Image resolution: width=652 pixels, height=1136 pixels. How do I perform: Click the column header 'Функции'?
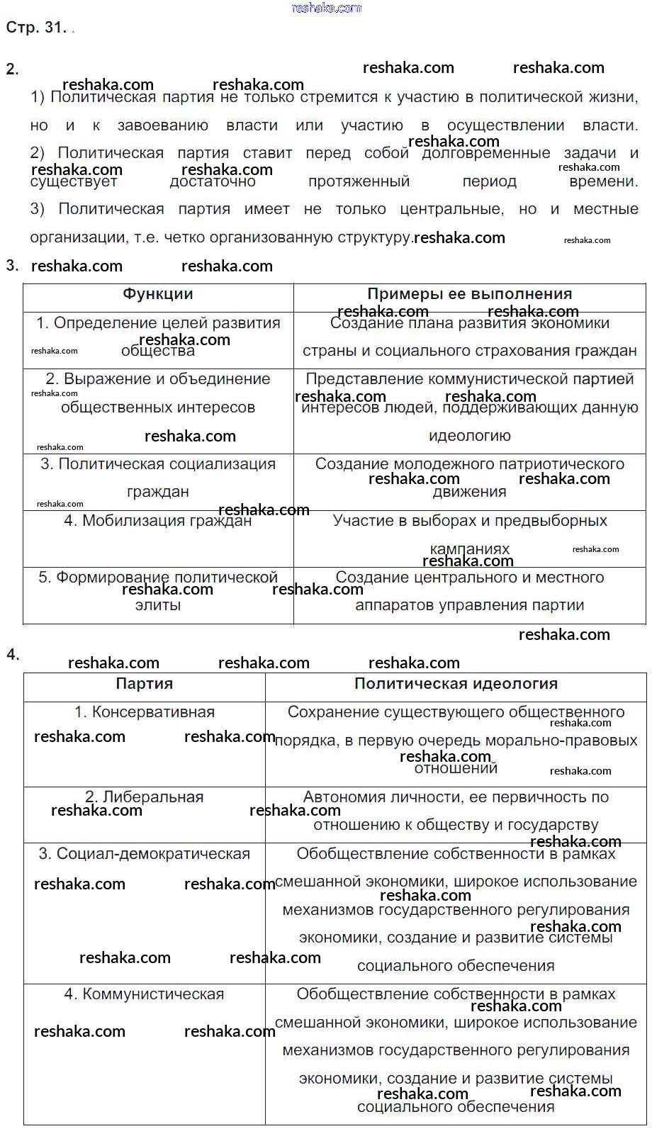click(157, 294)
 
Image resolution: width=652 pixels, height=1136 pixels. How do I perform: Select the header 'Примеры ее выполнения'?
click(469, 294)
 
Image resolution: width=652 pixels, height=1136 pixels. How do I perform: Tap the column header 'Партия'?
click(144, 683)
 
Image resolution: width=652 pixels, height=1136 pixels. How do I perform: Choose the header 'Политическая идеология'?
click(456, 683)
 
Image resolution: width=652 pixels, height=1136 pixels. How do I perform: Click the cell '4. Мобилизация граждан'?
click(157, 521)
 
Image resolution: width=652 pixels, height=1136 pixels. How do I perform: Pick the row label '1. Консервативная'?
click(144, 712)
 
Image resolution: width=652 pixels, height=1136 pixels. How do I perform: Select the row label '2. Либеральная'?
click(144, 797)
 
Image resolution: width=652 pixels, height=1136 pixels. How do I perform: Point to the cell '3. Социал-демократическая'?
click(144, 854)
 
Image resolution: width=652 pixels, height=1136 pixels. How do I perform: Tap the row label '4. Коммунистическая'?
click(144, 994)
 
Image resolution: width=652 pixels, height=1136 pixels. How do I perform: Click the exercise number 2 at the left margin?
click(12, 69)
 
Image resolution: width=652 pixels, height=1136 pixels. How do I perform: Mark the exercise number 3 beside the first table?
click(12, 266)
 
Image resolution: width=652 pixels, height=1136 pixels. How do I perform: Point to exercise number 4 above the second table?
click(13, 655)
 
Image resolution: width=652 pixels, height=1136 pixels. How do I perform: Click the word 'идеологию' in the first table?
click(469, 436)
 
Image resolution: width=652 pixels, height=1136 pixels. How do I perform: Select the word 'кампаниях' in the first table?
click(469, 549)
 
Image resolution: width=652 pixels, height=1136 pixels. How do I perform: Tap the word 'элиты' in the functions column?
click(157, 605)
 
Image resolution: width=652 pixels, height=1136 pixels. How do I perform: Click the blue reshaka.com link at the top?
click(326, 8)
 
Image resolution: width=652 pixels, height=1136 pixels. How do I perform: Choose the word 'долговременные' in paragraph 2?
click(486, 154)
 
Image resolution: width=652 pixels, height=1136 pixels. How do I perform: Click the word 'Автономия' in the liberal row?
click(340, 797)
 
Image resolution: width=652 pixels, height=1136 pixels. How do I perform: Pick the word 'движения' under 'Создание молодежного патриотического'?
click(469, 492)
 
